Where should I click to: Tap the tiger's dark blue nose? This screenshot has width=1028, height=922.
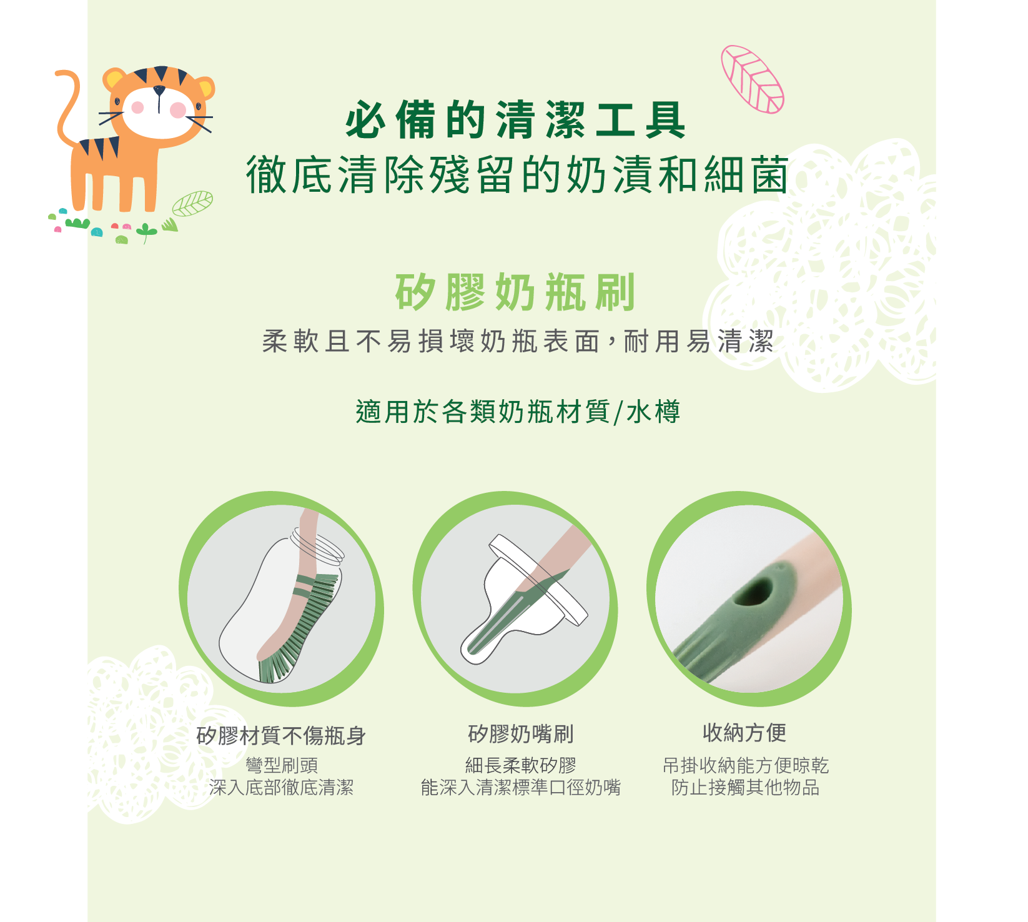[x=159, y=91]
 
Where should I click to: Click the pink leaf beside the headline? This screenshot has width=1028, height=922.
[x=752, y=79]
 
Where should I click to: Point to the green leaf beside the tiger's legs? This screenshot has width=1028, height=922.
[x=192, y=204]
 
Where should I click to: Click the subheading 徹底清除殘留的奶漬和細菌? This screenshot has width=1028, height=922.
[x=517, y=174]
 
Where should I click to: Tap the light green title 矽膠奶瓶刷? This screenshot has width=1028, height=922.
[x=515, y=292]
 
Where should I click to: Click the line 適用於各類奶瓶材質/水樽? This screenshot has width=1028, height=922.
[x=518, y=412]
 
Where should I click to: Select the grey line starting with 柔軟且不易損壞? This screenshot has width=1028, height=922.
[x=518, y=341]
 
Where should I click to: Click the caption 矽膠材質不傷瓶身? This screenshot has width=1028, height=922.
[x=281, y=735]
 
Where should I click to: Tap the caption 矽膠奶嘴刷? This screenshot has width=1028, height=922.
[x=521, y=734]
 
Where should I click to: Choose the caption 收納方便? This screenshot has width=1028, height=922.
[x=744, y=732]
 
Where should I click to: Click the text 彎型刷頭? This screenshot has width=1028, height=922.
[x=282, y=765]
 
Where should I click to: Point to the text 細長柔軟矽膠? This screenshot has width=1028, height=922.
[x=521, y=765]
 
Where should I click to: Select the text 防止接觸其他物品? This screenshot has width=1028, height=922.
[x=745, y=787]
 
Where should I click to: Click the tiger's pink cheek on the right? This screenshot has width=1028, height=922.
[x=178, y=110]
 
